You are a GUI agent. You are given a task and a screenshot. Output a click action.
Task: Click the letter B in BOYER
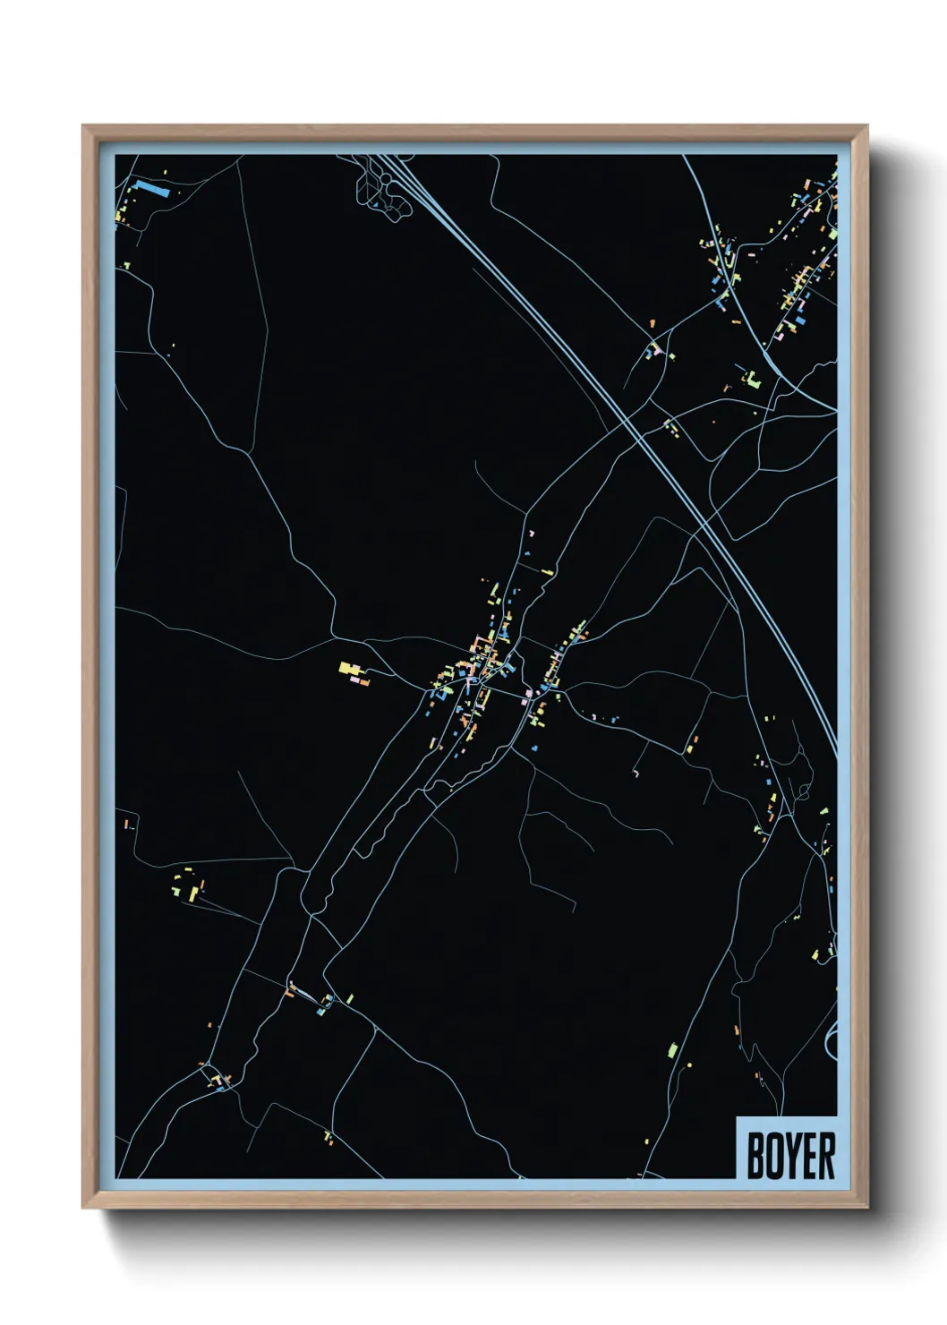[x=755, y=1156]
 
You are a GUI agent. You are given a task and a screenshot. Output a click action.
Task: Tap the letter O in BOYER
[x=772, y=1156]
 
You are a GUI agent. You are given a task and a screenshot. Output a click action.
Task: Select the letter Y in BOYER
[x=790, y=1156]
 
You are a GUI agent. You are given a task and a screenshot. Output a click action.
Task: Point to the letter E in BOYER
[x=806, y=1156]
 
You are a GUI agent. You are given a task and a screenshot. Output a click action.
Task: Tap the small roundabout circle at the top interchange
[x=386, y=179]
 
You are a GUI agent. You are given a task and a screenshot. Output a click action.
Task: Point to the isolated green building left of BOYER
[x=673, y=1048]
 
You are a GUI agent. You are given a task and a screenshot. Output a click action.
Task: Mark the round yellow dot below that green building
[x=690, y=1064]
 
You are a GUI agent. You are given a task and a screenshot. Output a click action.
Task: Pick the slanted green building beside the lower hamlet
[x=350, y=998]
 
